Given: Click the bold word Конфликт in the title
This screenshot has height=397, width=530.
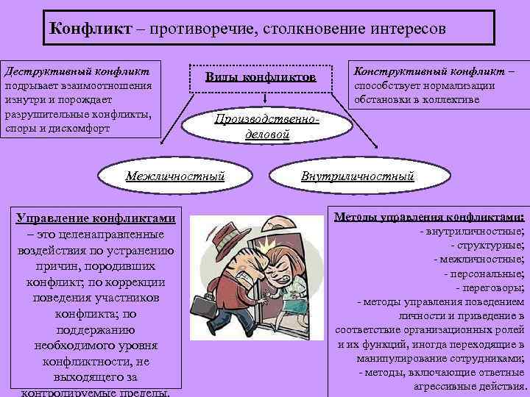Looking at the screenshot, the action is (90, 30).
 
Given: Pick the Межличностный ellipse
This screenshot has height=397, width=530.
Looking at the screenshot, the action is (174, 176).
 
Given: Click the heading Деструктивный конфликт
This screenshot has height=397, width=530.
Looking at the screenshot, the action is (77, 72).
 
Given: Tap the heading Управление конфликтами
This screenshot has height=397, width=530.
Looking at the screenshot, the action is (96, 218).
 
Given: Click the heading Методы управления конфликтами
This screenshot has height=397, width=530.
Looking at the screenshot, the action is (430, 218).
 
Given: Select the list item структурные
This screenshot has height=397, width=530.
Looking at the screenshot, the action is (488, 245).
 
